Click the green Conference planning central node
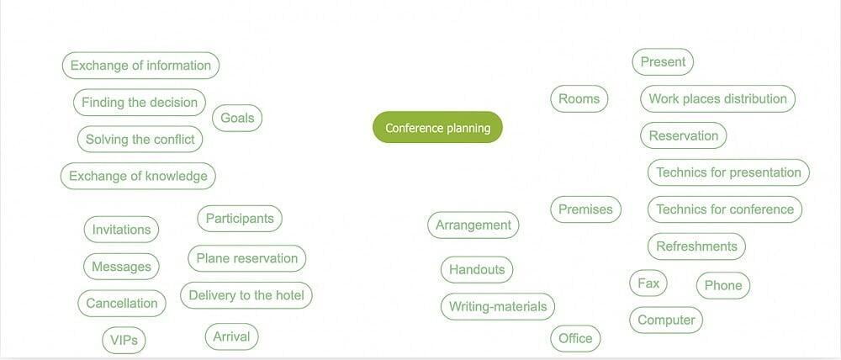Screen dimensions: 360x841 click(x=437, y=128)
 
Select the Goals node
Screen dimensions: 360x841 click(x=237, y=119)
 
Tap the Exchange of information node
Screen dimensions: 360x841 click(x=140, y=66)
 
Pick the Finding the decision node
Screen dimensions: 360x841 click(x=140, y=103)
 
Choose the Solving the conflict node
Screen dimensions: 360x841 click(x=140, y=140)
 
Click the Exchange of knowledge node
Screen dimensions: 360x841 click(x=138, y=177)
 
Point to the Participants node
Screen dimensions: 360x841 click(x=240, y=219)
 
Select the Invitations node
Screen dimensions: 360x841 click(x=121, y=230)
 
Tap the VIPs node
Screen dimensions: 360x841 click(x=124, y=341)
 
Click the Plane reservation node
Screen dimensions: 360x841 click(x=246, y=259)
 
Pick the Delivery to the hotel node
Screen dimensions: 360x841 click(x=246, y=295)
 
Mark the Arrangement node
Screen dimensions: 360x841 click(x=473, y=225)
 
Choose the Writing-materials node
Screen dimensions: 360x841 click(x=498, y=307)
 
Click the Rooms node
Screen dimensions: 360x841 click(x=579, y=99)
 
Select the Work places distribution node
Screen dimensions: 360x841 click(x=717, y=99)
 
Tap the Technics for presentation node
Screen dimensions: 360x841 click(x=728, y=172)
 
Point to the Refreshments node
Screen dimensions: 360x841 click(x=696, y=246)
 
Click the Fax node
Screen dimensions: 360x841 click(x=648, y=283)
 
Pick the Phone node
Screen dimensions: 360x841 click(x=723, y=286)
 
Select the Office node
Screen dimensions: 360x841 click(x=575, y=339)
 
